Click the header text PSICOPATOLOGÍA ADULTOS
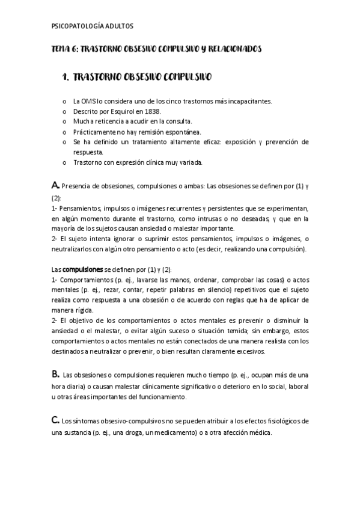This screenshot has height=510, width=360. click(93, 26)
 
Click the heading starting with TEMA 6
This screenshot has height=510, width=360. click(156, 49)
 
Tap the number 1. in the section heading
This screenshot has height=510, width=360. click(67, 78)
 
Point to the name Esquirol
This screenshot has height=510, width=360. click(120, 111)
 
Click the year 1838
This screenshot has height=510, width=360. click(153, 111)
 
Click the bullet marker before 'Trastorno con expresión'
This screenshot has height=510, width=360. click(64, 162)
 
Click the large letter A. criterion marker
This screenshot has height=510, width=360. click(55, 185)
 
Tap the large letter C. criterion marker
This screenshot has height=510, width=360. click(55, 421)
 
